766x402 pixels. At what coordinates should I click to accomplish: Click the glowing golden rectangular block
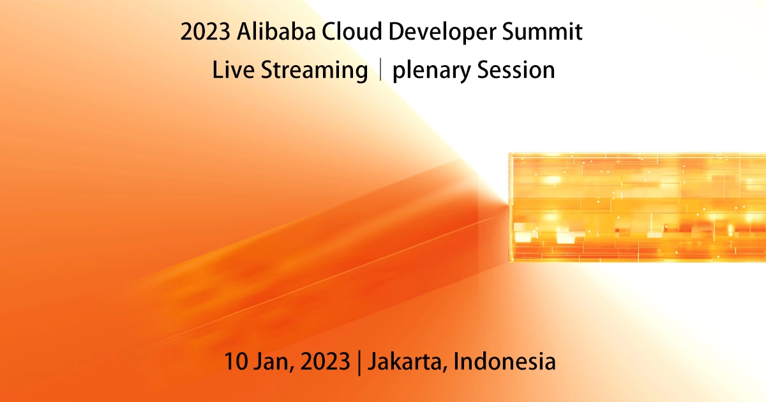pos(636,207)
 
